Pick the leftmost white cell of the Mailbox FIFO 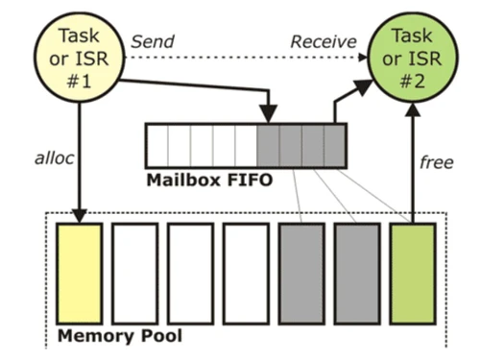click(x=157, y=146)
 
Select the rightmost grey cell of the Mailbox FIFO click(x=334, y=146)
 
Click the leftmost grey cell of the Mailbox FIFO click(x=269, y=146)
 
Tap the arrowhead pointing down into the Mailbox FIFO click(x=270, y=113)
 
